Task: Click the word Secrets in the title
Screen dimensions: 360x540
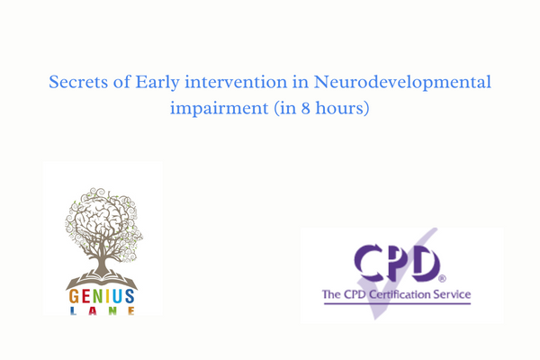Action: tap(78, 84)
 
